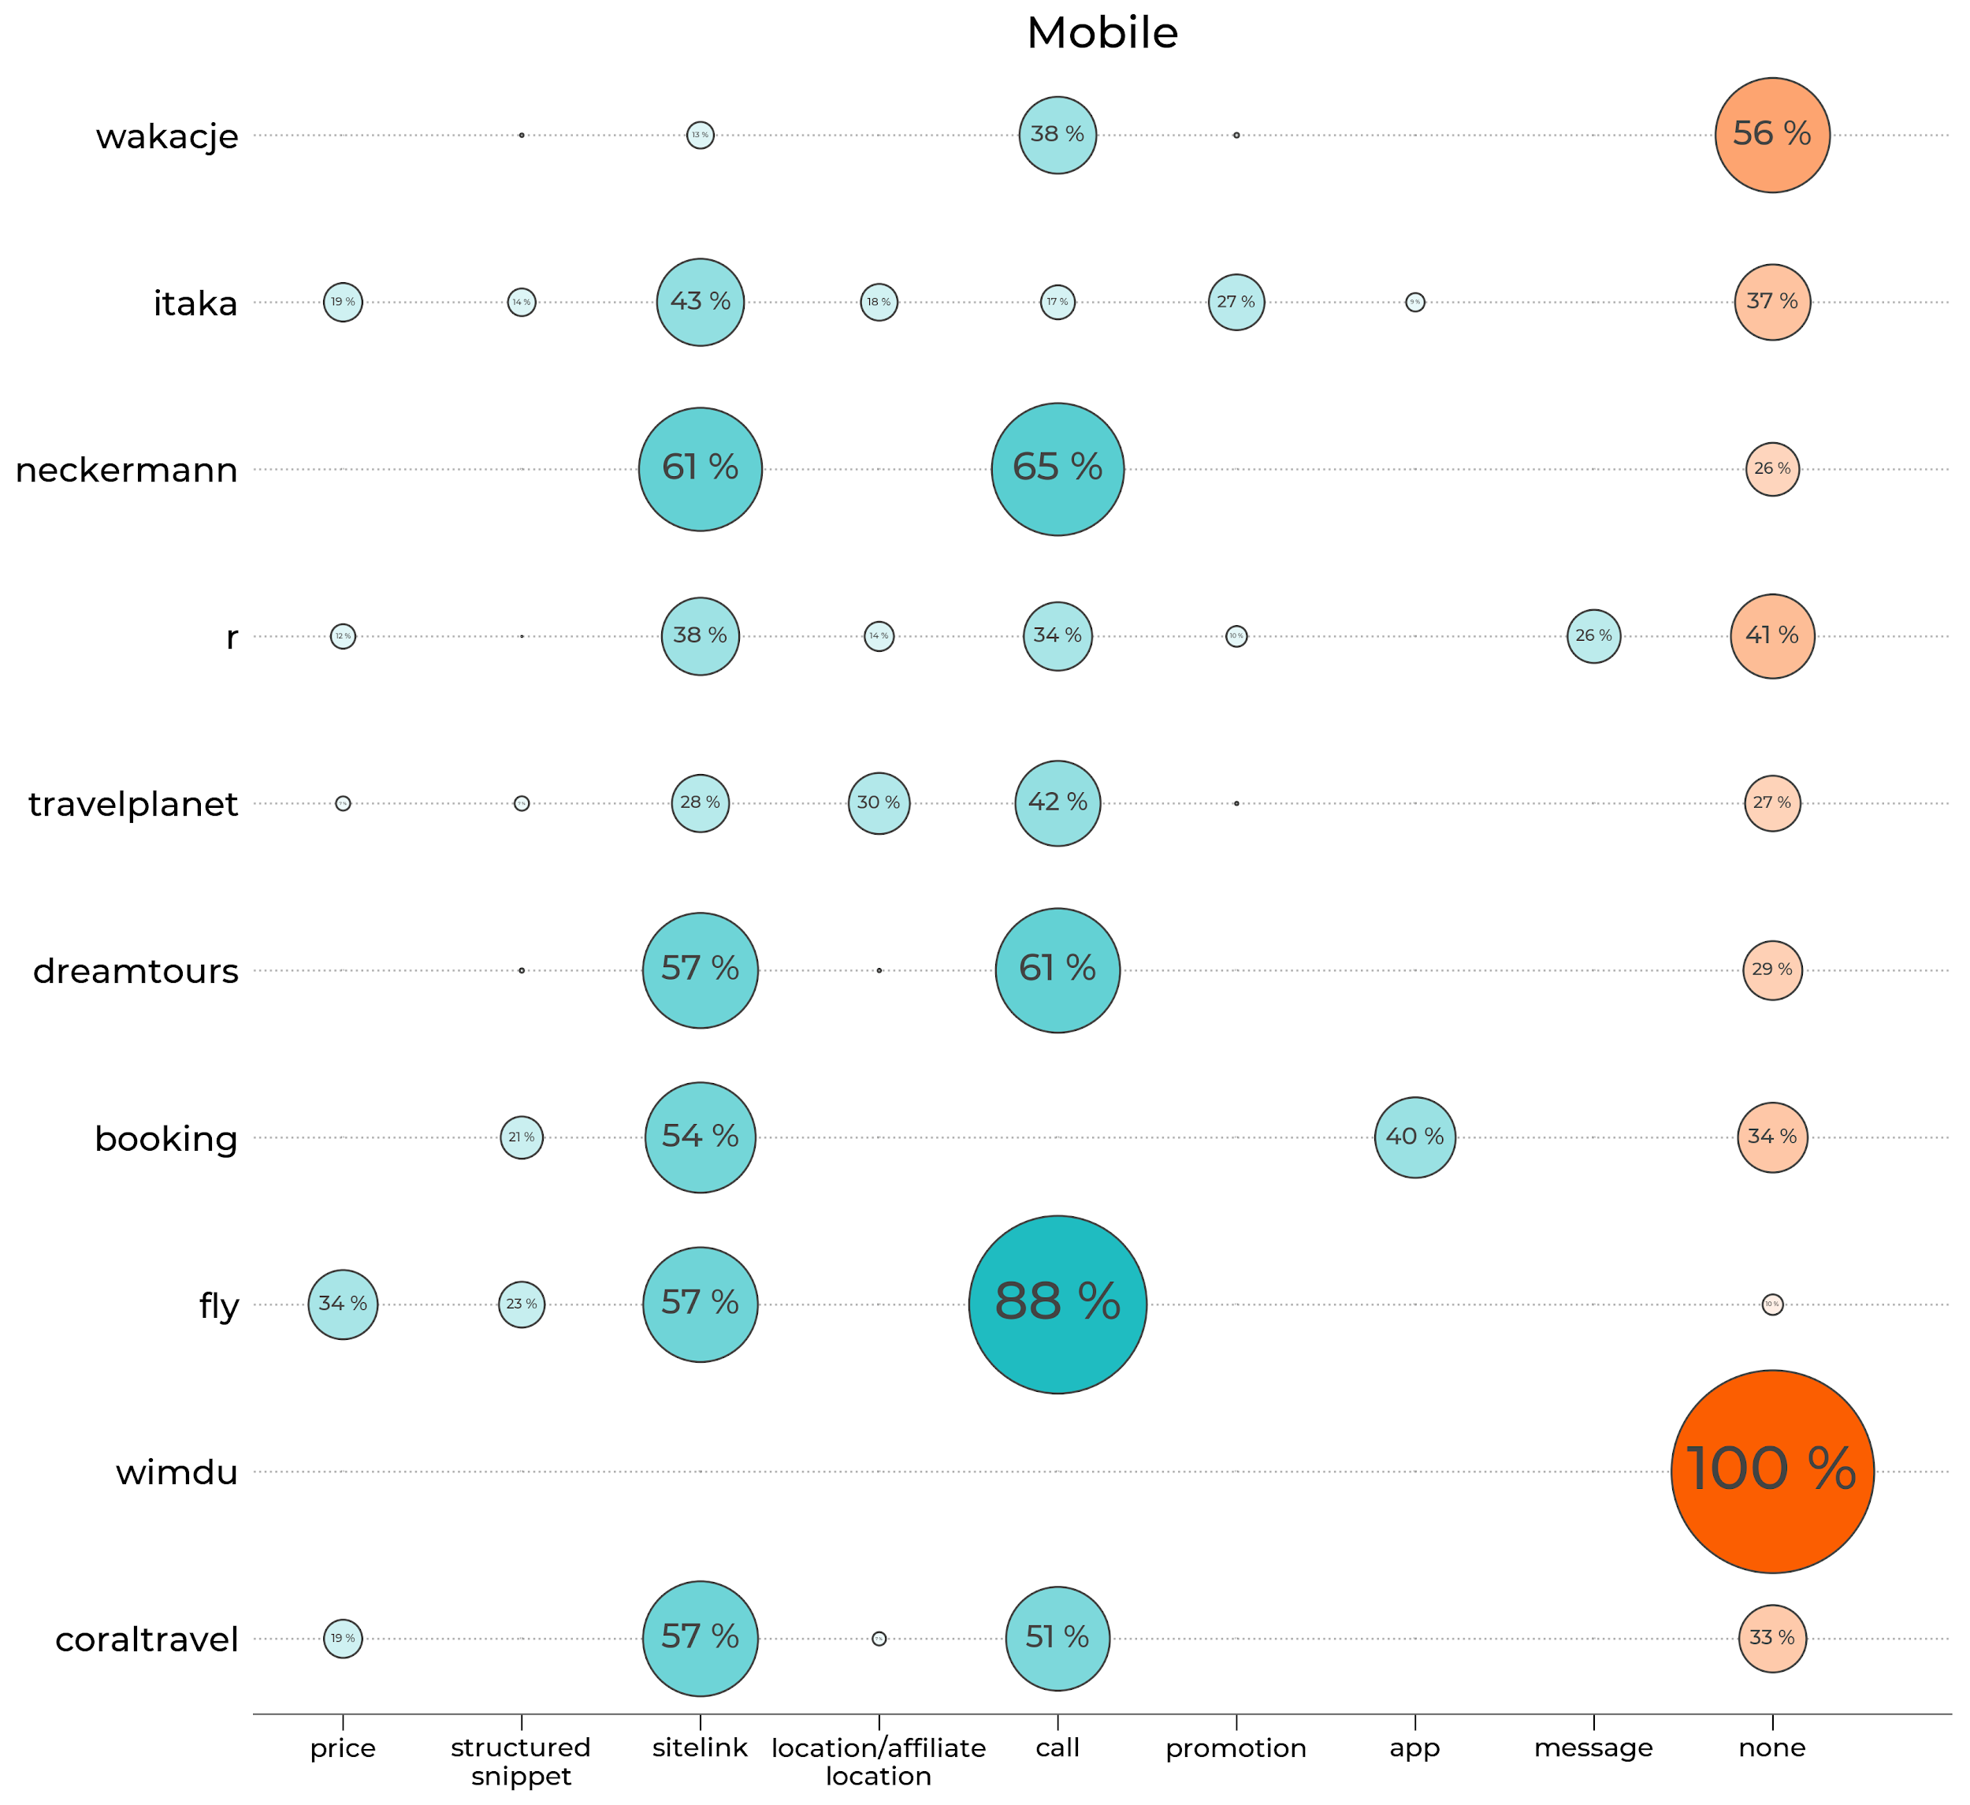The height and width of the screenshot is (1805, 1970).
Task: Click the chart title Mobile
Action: [1102, 33]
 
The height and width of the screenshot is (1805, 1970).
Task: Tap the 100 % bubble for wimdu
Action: [1771, 1471]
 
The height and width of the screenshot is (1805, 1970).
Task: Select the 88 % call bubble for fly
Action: [1057, 1304]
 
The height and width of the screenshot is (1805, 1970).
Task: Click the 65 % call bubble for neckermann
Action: [1057, 469]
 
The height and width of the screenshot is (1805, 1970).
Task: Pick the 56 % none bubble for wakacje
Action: [1771, 135]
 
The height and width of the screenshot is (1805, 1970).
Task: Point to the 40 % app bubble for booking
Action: [1414, 1137]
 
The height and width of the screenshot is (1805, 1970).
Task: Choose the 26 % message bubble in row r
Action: [1593, 636]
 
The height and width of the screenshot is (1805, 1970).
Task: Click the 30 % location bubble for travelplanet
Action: [879, 803]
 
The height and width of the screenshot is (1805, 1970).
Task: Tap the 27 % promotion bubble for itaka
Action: [1236, 302]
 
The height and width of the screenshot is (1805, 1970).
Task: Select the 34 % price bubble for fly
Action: [343, 1304]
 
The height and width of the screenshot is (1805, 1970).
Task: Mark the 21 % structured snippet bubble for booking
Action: [522, 1137]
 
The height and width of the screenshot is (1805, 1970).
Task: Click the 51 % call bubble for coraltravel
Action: [1057, 1638]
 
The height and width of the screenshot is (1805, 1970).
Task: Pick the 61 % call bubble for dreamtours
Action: [1057, 970]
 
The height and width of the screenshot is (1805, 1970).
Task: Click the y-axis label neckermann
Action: [127, 470]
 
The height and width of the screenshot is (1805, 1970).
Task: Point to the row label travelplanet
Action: [133, 804]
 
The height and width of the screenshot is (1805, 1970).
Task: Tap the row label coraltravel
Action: [147, 1639]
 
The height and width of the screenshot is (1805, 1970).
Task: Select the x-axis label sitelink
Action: [700, 1747]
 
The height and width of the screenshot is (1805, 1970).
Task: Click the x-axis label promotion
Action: [1236, 1747]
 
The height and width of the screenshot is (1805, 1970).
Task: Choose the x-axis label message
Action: [1593, 1747]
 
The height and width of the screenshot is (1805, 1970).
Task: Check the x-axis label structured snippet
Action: [521, 1761]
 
